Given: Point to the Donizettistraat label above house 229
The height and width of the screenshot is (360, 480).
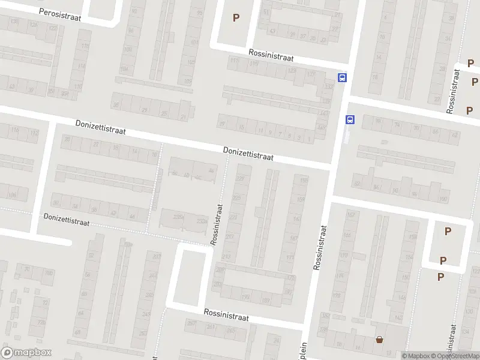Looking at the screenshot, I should [248, 154].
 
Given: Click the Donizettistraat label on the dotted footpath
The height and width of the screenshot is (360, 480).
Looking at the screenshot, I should [66, 219].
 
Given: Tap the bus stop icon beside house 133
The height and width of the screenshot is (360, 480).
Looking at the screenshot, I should [342, 77].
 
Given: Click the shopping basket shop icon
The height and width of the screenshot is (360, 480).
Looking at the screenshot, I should [379, 340].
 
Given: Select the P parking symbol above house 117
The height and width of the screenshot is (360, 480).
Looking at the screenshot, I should [236, 17].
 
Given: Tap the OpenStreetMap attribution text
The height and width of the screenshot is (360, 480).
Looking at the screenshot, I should [454, 356].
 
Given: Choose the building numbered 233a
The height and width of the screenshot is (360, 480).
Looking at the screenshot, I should [202, 221].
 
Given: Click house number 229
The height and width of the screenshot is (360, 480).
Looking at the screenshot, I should [241, 178].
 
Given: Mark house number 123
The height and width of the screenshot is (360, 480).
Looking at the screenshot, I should [292, 71].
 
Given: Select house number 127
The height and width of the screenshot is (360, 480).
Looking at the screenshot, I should [311, 74].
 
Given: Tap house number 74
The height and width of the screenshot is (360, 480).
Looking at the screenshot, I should [397, 124].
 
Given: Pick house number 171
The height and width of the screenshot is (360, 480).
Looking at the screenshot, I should [290, 257].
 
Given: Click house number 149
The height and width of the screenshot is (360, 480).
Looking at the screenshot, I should [322, 127].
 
